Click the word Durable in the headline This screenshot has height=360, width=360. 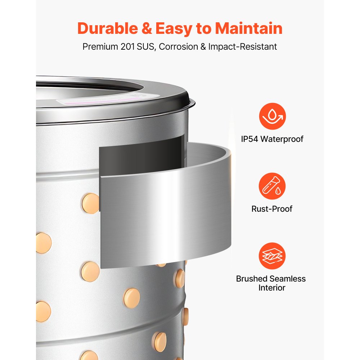pos(108,28)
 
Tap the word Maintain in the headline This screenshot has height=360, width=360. pos(248,28)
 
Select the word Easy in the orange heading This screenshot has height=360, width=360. pos(174,29)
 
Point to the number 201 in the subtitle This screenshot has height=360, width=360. pos(127,46)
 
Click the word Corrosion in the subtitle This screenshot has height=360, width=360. pos(179,46)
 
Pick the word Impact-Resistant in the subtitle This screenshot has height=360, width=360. pos(242,46)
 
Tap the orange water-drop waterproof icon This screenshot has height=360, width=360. pos(272,116)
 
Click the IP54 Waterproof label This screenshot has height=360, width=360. pos(272,139)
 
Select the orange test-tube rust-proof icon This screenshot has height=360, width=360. pos(272,186)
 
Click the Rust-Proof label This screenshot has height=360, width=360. pos(272,209)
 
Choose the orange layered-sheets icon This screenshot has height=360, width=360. pos(272,256)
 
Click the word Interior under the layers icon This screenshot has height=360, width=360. pos(272,288)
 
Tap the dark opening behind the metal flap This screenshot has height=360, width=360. pos(141,156)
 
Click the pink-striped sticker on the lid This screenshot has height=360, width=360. pos(108,99)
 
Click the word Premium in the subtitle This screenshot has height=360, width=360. pos(100,46)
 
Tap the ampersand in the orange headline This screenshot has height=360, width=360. pos(147,29)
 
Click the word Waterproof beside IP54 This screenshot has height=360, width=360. pos(282,139)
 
